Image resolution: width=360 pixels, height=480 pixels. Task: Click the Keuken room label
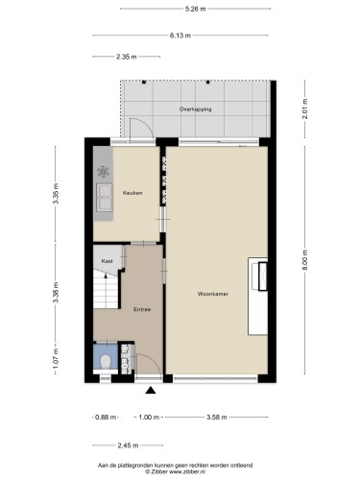[x=132, y=193]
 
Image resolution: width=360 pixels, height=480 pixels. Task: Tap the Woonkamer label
[x=213, y=294]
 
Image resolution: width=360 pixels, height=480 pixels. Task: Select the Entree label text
[x=142, y=309]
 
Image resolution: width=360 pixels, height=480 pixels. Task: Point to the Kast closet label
[x=107, y=261]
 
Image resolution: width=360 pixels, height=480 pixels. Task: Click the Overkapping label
[x=196, y=109]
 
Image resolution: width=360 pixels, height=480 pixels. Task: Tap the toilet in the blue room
[x=106, y=362]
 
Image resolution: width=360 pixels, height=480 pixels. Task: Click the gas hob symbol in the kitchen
[x=103, y=172]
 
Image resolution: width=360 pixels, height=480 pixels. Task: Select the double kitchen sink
[x=105, y=198]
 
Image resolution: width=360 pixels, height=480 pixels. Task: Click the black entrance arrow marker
[x=151, y=390]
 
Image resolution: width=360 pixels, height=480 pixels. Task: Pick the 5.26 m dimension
[x=196, y=9]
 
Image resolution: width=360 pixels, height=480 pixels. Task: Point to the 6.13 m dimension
[x=180, y=36]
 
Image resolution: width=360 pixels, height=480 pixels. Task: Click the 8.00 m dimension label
[x=304, y=260]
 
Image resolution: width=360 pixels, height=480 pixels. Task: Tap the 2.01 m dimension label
[x=304, y=109]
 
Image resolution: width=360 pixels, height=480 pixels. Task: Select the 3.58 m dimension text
[x=217, y=417]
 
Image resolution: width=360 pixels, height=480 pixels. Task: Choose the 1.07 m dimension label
[x=56, y=359]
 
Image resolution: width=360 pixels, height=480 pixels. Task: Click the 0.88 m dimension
[x=106, y=417]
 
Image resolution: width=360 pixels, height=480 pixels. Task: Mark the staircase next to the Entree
[x=106, y=289]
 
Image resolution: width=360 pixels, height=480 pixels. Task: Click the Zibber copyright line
[x=176, y=471]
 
